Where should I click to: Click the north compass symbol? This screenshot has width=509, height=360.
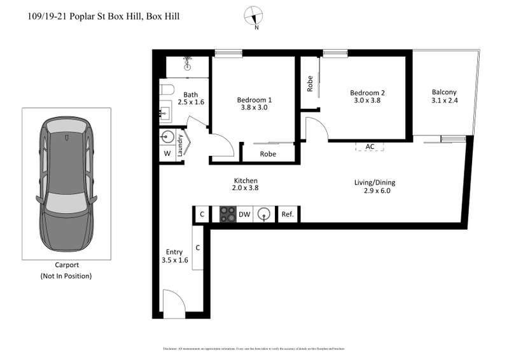[x=256, y=16]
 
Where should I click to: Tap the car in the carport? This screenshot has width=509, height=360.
[x=66, y=183]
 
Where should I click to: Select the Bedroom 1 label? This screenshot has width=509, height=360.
[x=254, y=100]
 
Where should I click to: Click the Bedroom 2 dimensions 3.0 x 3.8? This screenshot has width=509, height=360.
[x=367, y=100]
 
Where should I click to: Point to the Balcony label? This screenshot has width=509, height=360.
[x=443, y=92]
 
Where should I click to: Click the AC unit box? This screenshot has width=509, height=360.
[x=370, y=146]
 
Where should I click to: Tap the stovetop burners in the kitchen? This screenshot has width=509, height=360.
[x=228, y=215]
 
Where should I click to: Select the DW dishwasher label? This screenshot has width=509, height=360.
[x=244, y=215]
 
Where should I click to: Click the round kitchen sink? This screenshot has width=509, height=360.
[x=264, y=215]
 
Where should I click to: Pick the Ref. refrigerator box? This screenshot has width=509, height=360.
[x=288, y=215]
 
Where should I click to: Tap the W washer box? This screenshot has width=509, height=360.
[x=167, y=153]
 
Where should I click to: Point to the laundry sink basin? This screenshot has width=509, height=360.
[x=168, y=136]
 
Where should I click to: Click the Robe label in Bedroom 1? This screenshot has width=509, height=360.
[x=268, y=153]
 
